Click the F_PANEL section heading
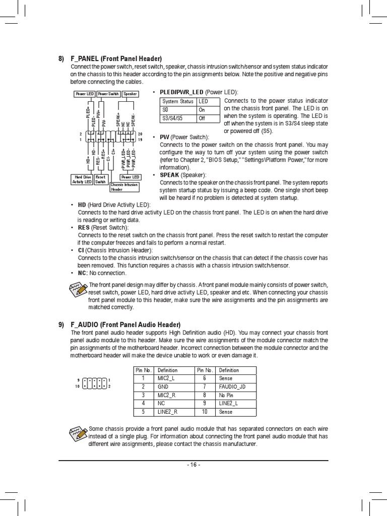pos(116,59)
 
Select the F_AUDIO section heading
pos(125,325)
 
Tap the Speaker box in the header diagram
pos(130,94)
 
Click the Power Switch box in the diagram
pos(108,94)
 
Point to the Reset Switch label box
pos(101,179)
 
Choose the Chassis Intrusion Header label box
pos(124,187)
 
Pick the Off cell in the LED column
pos(208,118)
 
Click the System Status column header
pos(178,101)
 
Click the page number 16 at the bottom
pos(193,465)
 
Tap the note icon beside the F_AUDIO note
pos(79,433)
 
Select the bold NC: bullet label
pos(83,273)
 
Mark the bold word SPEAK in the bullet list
pos(169,175)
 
